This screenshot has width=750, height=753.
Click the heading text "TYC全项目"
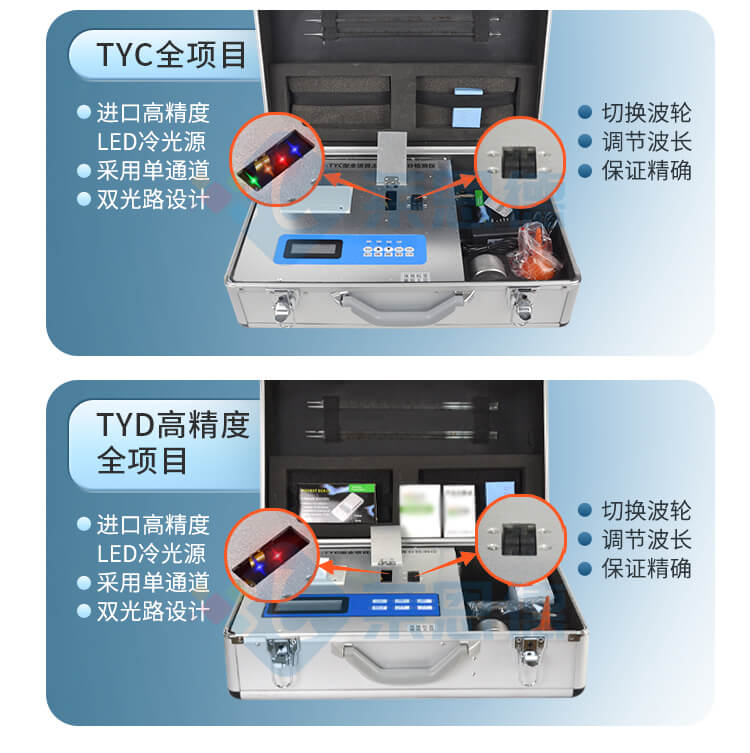click(x=171, y=54)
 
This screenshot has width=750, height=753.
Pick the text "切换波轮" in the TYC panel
click(x=645, y=113)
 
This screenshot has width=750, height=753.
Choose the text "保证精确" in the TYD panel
click(x=645, y=568)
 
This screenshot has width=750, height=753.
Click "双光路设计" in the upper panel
click(x=152, y=199)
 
